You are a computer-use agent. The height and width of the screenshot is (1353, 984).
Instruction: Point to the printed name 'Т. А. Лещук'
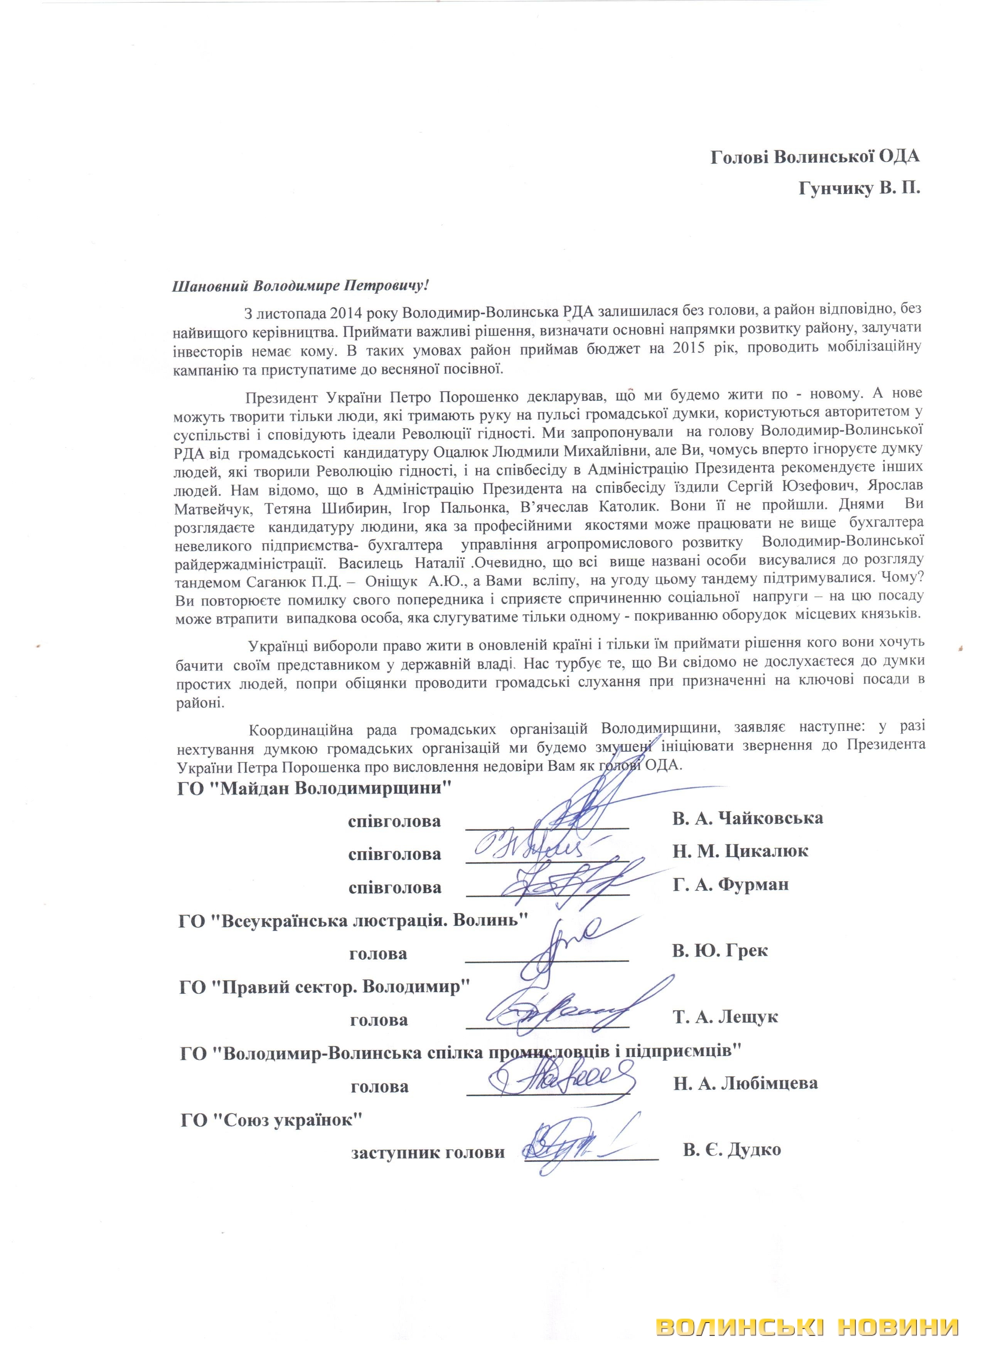(726, 1017)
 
